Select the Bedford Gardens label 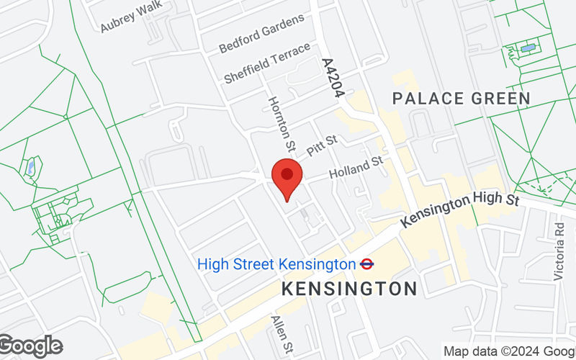(262, 33)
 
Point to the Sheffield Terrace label (267, 63)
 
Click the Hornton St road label (281, 124)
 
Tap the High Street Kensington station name (276, 264)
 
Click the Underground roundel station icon (366, 264)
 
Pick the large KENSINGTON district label (349, 289)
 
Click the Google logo (30, 346)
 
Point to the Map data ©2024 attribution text (508, 351)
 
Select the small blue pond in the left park (30, 168)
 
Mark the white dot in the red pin (287, 174)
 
